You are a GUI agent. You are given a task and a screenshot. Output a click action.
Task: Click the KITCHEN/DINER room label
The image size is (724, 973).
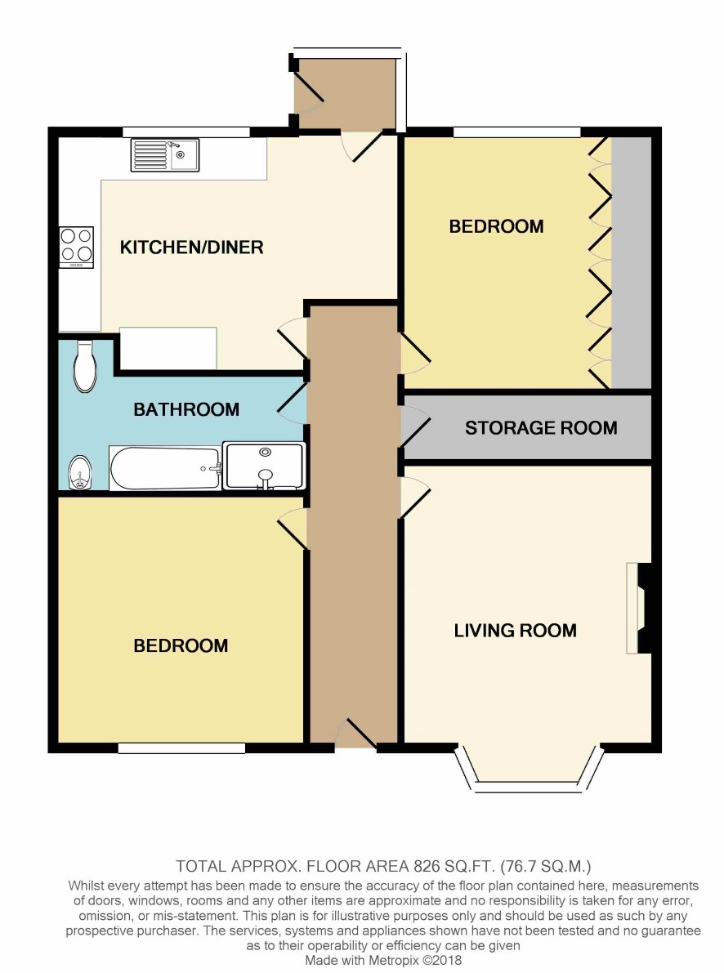[191, 247]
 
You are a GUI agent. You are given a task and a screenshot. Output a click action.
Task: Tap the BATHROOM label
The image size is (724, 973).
[186, 409]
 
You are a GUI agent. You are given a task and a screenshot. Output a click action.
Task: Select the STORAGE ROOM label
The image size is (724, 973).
[541, 427]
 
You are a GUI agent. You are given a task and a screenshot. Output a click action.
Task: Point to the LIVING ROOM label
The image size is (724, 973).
[516, 631]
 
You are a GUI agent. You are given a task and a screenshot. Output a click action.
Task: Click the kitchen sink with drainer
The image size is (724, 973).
[164, 154]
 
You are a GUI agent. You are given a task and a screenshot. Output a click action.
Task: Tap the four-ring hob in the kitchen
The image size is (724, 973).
[76, 247]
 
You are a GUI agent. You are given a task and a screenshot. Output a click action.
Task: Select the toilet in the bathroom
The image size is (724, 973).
[85, 366]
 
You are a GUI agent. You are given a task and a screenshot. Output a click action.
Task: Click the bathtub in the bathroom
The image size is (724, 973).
[165, 468]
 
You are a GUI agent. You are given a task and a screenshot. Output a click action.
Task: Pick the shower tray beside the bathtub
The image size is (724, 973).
[264, 466]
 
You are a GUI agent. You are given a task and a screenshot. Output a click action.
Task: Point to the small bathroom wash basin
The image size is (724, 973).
[79, 473]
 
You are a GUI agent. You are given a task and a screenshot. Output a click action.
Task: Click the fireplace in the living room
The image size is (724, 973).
[639, 608]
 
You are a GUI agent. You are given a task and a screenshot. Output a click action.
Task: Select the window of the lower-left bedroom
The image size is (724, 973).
[181, 748]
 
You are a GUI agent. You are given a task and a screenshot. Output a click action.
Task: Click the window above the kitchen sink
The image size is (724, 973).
[185, 132]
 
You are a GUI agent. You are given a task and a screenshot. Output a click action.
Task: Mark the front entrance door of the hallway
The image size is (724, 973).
[355, 735]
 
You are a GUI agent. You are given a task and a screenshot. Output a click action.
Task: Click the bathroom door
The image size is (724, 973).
[292, 403]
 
